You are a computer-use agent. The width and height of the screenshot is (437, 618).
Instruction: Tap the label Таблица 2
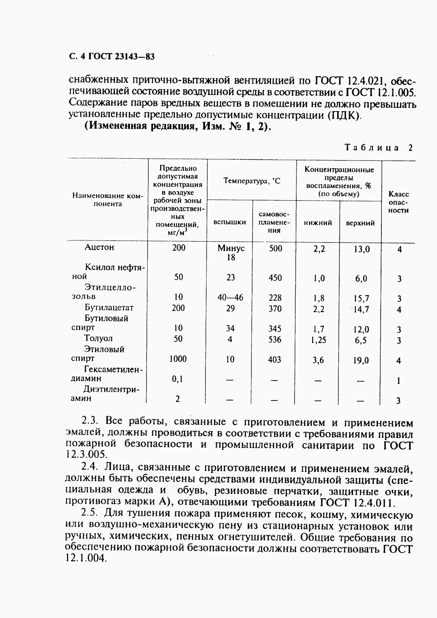[x=378, y=148]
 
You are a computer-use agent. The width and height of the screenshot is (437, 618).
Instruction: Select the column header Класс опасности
[x=399, y=202]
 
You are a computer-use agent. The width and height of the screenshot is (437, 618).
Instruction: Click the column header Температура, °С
[x=251, y=181]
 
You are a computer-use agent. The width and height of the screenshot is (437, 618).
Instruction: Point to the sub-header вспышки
[x=230, y=222]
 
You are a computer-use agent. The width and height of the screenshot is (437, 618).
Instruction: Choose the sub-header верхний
[x=360, y=223]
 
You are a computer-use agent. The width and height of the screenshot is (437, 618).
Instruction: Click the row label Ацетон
[x=99, y=247]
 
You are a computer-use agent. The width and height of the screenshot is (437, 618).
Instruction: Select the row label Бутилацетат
[x=109, y=308]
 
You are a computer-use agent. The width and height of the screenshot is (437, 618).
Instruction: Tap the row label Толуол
[x=98, y=339]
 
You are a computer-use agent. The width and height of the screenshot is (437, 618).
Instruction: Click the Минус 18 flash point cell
[x=231, y=253]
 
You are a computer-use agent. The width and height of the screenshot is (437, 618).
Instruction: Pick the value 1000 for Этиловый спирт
[x=178, y=359]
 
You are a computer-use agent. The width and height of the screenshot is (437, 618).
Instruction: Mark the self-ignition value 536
[x=275, y=339]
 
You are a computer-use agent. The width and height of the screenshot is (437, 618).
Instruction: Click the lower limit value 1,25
[x=318, y=340]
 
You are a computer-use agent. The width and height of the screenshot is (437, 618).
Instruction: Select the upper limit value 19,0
[x=361, y=361]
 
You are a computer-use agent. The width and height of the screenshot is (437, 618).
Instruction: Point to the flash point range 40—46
[x=230, y=297]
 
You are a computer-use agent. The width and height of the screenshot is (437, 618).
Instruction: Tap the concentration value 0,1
[x=177, y=379]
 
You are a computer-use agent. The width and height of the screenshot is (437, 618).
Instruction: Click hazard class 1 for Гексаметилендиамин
[x=399, y=381]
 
